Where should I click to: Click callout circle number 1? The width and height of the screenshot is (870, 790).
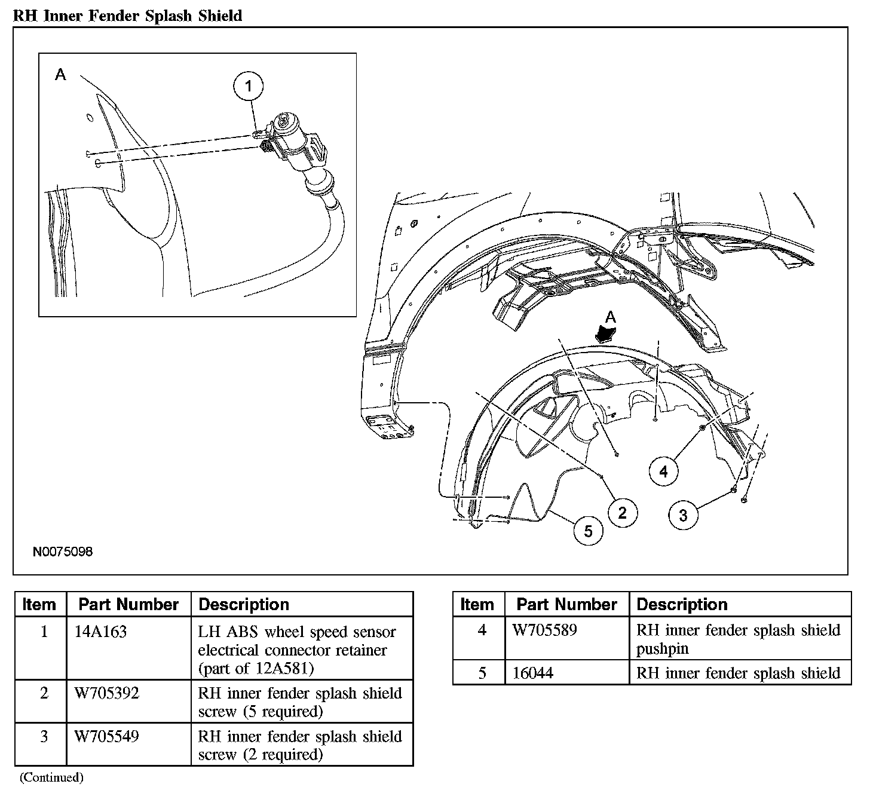pos(249,86)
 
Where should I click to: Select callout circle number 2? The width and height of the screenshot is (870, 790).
pos(623,513)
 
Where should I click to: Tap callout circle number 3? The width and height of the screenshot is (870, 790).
pos(683,515)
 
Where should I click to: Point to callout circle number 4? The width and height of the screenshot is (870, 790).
pos(664,471)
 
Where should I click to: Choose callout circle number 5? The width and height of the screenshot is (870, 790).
pos(588,531)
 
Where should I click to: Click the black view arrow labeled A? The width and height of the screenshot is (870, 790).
pos(606,333)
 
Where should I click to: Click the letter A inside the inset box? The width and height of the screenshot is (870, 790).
pos(60,75)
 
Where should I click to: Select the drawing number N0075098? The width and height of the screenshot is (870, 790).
pos(63,552)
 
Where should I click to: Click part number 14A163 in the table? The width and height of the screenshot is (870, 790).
pos(100,632)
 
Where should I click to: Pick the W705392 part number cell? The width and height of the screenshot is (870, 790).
pos(107,693)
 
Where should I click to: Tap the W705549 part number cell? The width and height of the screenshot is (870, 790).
pos(107,736)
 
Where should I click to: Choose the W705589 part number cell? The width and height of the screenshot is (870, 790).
pos(545,630)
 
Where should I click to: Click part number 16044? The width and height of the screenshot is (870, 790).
pos(533,673)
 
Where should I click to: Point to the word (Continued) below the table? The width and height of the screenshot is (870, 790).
pos(51,777)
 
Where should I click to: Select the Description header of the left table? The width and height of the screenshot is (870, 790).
pos(244,604)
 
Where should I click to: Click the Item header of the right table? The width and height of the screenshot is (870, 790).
pos(477,604)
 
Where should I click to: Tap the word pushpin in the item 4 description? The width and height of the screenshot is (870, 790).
pos(662,649)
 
